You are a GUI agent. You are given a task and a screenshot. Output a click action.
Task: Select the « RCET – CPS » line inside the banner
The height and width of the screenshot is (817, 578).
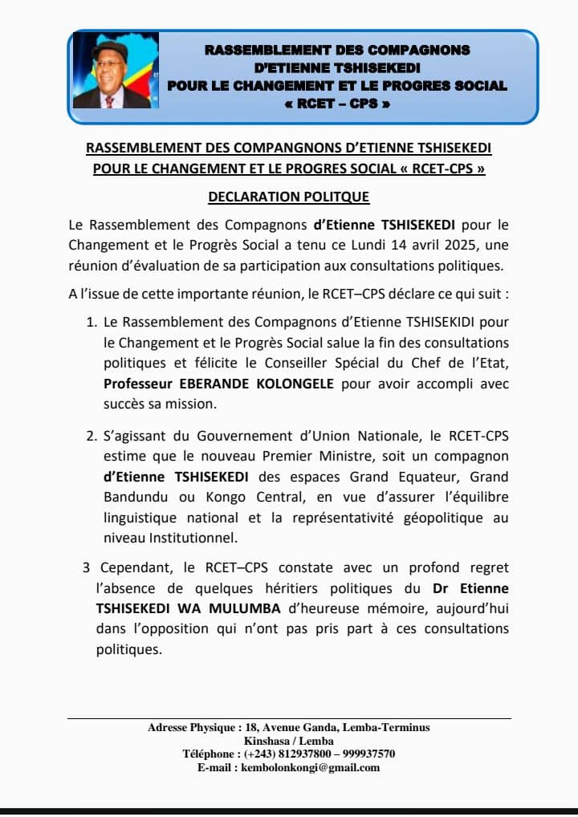337,104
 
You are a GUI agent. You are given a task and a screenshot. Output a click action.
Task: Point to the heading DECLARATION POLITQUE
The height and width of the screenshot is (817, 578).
289,197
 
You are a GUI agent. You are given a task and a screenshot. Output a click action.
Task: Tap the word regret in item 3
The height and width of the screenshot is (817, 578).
487,568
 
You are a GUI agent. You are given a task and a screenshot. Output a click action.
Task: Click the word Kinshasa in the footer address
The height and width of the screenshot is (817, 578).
267,741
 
